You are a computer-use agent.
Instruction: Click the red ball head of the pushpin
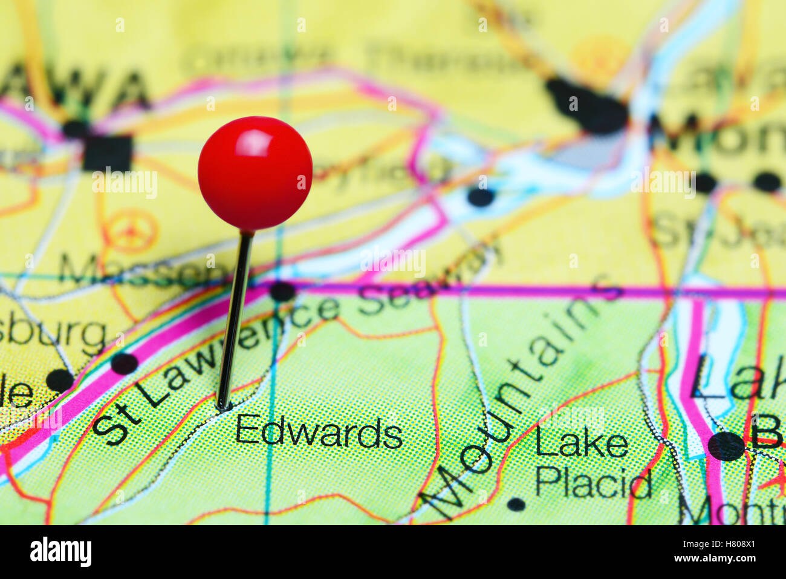pos(255,174)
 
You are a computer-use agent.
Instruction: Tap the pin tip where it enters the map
pos(222,407)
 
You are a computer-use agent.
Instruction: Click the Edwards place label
pos(319,432)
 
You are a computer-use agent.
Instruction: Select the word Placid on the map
pos(593,483)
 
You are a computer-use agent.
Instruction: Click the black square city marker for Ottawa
pos(108,152)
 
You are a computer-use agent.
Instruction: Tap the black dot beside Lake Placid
pos(516,503)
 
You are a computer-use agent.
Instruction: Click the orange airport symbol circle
pos(130,231)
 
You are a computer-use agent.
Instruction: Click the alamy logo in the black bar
pos(60,551)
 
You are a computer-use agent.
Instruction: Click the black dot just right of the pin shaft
pos(282,291)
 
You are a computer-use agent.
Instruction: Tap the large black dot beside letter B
pos(726,447)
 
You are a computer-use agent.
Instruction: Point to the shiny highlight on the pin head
pos(254,142)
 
